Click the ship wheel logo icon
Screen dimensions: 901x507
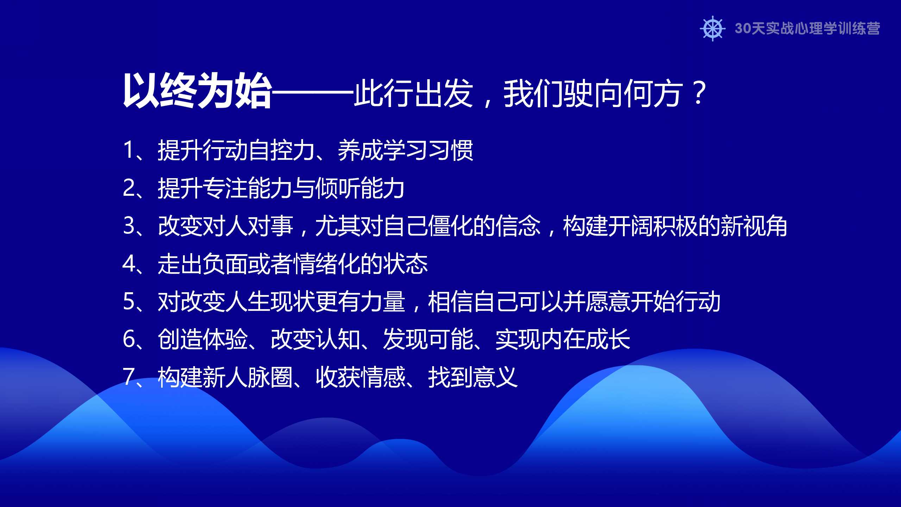point(713,29)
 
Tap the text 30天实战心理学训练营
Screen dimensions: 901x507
point(807,29)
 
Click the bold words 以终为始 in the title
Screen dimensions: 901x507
point(197,91)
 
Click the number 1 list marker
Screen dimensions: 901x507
point(128,150)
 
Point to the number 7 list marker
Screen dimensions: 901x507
point(128,377)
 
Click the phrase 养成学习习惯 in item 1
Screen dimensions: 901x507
point(405,150)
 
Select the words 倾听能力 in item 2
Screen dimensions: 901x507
point(360,188)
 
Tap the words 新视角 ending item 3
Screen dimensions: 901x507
point(754,225)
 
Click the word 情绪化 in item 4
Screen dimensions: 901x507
point(327,263)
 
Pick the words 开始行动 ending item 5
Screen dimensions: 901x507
point(675,301)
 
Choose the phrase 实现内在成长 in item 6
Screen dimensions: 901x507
point(563,339)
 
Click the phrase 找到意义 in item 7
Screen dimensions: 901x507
point(473,377)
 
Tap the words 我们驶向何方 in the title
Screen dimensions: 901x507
point(593,93)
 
